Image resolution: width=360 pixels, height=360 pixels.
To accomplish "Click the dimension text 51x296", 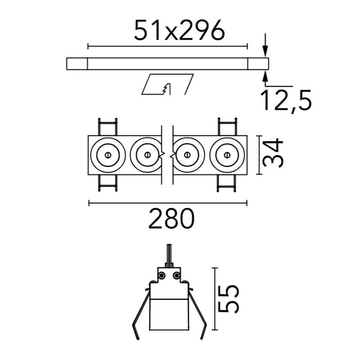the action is (x=179, y=30).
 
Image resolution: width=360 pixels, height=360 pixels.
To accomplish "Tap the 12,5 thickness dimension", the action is (x=286, y=100).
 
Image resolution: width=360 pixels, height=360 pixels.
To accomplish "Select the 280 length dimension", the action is (x=171, y=218).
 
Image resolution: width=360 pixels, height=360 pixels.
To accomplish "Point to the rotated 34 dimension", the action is (x=273, y=153).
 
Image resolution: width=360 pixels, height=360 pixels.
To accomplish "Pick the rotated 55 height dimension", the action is (x=229, y=299).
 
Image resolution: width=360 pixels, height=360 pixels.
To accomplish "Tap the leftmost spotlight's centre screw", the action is (x=108, y=155).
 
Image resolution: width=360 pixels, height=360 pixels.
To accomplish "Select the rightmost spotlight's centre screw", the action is (x=227, y=155).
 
